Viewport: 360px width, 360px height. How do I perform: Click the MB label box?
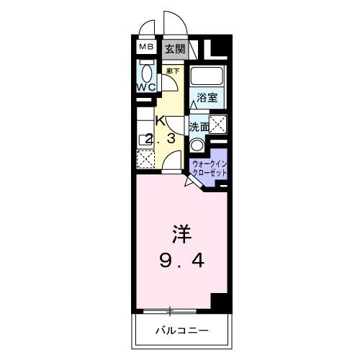point(147,48)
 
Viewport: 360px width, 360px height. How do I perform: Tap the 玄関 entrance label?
point(174,49)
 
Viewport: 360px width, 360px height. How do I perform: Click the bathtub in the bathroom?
point(209,77)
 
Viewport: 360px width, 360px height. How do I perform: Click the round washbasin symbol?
point(197,143)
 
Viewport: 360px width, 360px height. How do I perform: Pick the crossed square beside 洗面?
point(217,122)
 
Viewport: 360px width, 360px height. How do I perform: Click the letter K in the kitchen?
point(161,120)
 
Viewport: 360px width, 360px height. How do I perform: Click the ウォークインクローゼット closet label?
point(210,169)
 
